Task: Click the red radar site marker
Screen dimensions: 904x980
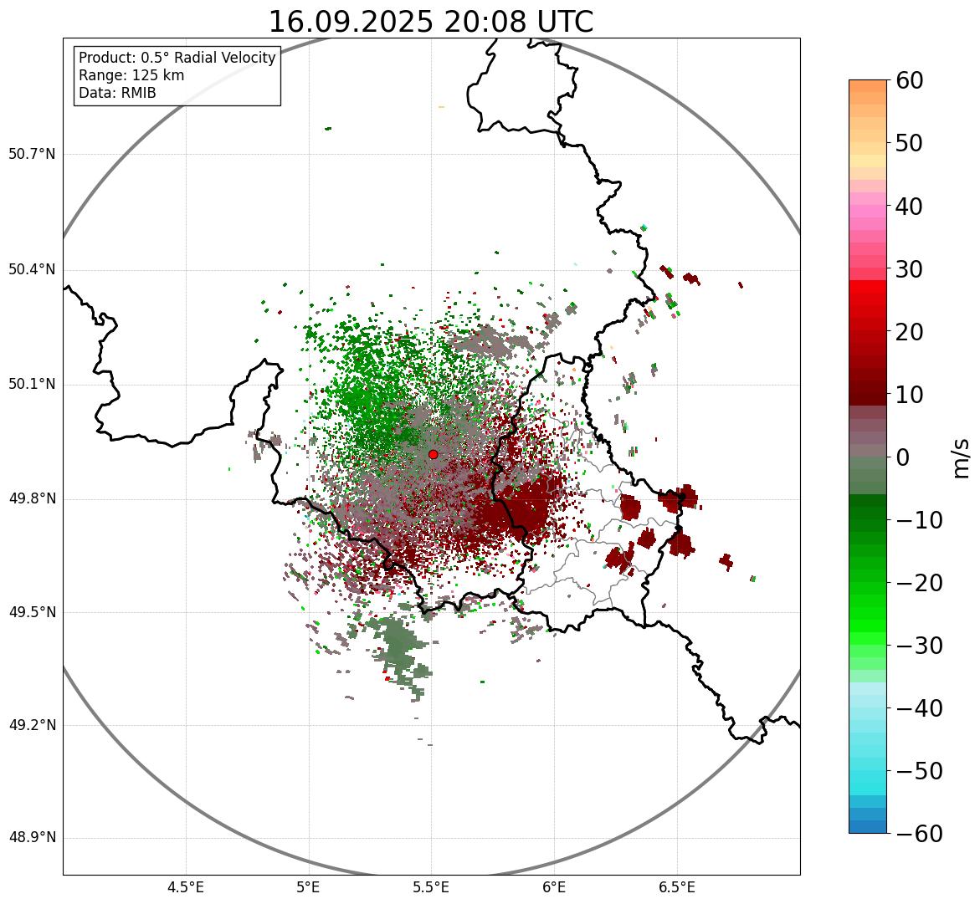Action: (433, 454)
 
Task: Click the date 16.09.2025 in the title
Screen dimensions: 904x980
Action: (351, 22)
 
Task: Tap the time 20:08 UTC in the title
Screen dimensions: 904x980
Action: (518, 22)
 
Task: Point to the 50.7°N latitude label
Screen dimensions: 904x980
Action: (32, 154)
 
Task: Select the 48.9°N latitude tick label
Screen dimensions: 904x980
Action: (32, 838)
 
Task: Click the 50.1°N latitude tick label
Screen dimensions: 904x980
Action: (32, 385)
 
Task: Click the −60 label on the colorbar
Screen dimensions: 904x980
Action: (917, 834)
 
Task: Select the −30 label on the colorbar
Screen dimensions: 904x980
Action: (917, 646)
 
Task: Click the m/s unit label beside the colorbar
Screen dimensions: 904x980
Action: (962, 457)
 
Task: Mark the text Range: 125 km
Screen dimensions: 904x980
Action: (131, 75)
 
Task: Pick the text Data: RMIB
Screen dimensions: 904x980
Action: (117, 93)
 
